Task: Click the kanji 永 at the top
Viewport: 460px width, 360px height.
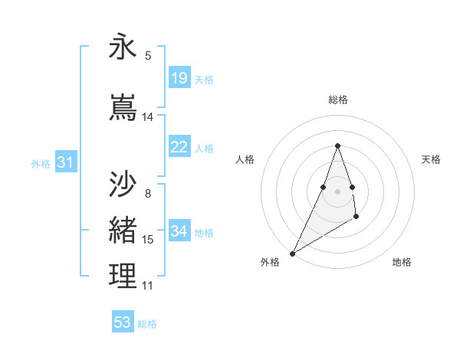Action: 123,47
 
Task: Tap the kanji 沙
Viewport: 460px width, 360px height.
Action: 123,185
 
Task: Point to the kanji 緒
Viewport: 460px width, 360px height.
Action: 123,229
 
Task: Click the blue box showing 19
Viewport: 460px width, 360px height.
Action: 179,78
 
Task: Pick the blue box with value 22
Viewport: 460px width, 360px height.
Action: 179,147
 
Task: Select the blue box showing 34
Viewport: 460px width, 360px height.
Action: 179,231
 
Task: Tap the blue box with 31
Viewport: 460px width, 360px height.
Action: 65,162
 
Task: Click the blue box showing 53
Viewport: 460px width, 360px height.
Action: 123,322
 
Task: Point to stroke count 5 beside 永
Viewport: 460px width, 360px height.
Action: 148,55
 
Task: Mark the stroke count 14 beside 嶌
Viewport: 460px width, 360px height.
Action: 148,117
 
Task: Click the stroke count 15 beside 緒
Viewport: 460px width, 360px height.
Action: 148,240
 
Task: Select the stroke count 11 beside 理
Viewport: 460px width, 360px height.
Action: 147,286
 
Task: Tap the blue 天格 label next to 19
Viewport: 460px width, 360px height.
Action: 204,79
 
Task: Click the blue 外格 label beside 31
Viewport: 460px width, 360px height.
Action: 41,163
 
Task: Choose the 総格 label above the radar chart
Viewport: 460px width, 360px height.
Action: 337,100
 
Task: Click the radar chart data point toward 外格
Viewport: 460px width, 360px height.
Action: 292,253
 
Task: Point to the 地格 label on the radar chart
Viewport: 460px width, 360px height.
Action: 402,262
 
